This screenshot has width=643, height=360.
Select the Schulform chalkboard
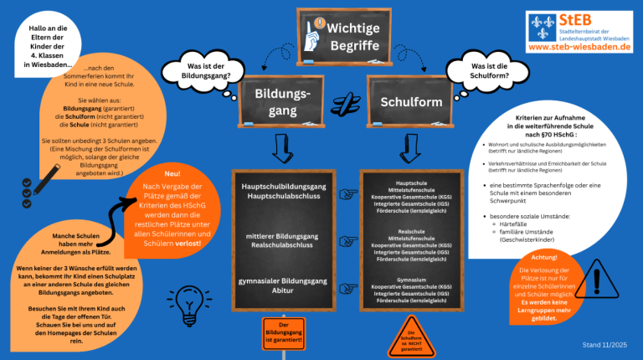[410, 102]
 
